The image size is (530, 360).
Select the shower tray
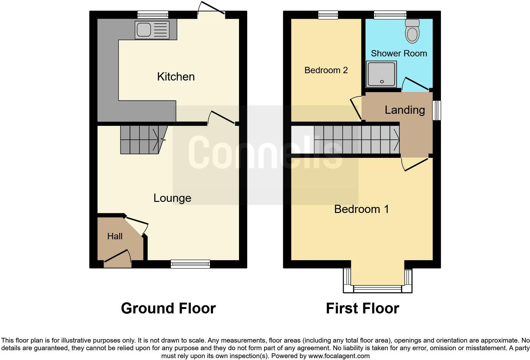point(381,74)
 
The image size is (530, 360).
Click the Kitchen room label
point(176,77)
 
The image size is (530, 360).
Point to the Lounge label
point(172,198)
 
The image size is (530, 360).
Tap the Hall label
point(115,236)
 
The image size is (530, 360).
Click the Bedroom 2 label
point(326,70)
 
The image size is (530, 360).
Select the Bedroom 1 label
point(361,209)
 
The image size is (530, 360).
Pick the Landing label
point(405,110)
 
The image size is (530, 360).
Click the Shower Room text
point(399,53)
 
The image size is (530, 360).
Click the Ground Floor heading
point(168,308)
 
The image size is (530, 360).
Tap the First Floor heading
point(362,308)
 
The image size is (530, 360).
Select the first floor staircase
point(357,140)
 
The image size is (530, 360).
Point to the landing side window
point(437,110)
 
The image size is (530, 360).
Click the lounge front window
point(190,264)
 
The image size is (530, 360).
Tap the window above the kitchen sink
point(153,15)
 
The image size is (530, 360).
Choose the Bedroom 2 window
point(328,15)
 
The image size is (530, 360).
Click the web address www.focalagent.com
point(339,356)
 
